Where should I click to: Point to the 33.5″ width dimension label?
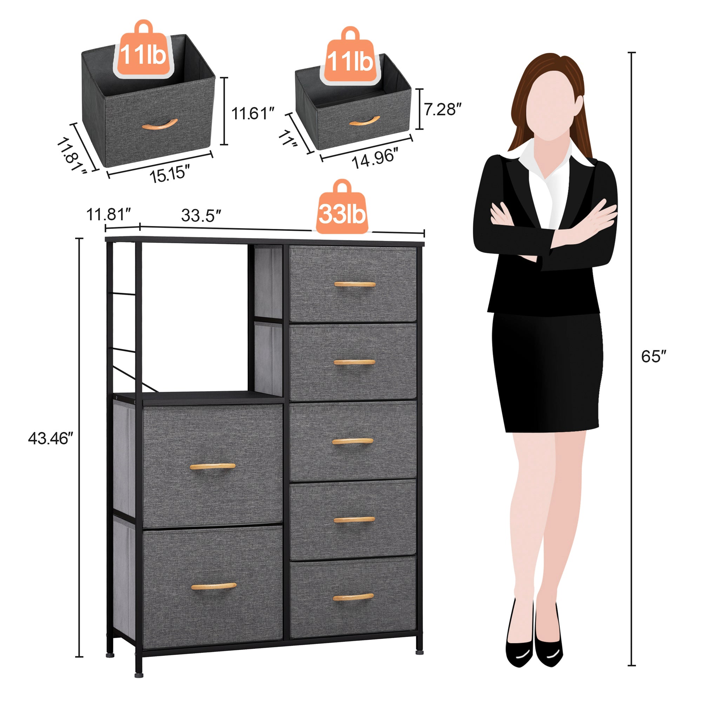201,216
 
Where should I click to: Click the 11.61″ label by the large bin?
252,113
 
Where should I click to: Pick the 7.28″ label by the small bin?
443,109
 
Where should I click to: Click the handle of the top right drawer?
355,284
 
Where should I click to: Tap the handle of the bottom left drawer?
214,586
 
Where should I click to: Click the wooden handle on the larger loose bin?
159,125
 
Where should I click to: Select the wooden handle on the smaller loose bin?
364,121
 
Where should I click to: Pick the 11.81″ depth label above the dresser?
108,215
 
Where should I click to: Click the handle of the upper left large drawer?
213,466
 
